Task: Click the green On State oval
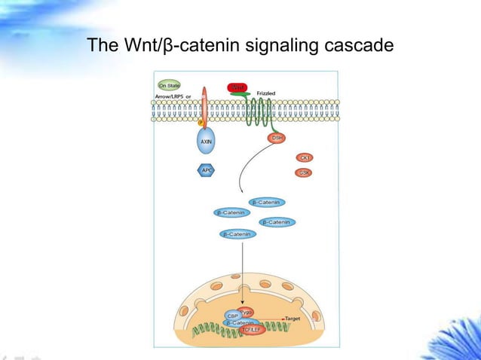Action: point(168,85)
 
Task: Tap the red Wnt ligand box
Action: point(236,88)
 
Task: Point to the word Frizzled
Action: point(266,93)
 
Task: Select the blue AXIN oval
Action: point(206,142)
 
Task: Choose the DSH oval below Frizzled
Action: point(277,138)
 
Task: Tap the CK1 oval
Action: point(305,157)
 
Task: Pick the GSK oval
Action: point(305,172)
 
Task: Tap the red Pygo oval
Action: point(247,311)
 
